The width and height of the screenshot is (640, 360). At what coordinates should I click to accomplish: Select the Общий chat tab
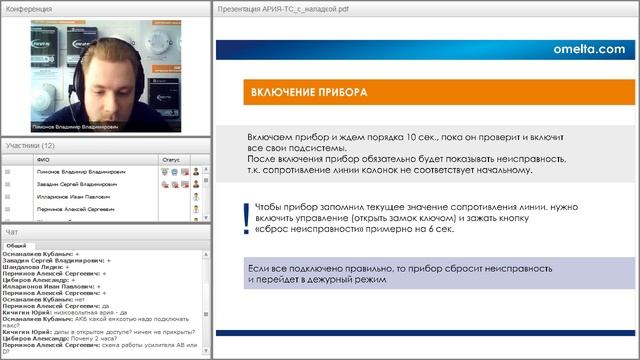pos(16,244)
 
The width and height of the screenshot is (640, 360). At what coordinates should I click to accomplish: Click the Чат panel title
pos(12,232)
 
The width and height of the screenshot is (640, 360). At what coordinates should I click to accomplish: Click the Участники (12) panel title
pos(29,145)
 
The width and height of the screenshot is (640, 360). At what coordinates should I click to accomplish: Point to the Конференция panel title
pos(29,8)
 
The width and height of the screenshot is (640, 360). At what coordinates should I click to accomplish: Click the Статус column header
pos(170,158)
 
